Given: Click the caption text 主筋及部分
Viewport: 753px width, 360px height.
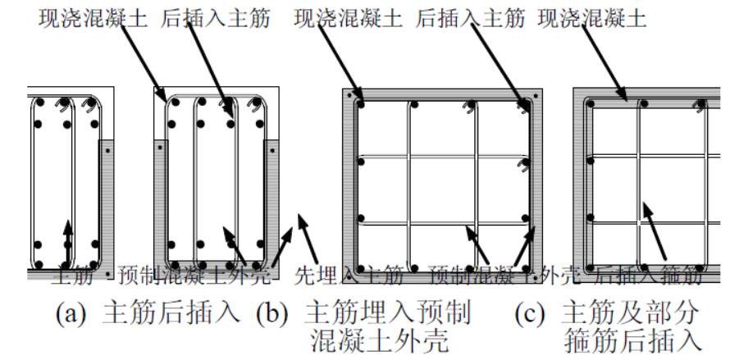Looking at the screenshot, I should click(628, 313).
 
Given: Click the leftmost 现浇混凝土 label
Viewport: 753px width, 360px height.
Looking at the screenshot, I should click(93, 19).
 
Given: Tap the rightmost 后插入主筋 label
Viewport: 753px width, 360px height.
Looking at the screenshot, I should click(472, 19).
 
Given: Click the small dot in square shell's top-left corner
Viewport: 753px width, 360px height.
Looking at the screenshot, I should click(349, 96).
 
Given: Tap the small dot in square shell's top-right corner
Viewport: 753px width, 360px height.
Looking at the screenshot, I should click(537, 96).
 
